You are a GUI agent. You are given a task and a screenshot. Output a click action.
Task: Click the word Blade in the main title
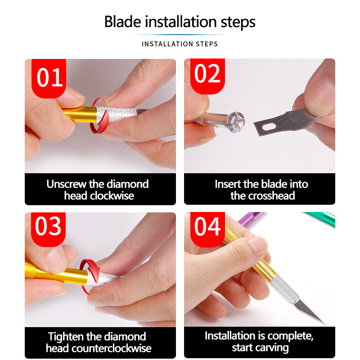click(x=122, y=22)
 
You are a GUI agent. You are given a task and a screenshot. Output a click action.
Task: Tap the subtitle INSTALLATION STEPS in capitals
click(x=180, y=44)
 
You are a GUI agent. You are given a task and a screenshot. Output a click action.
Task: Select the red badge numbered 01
click(x=49, y=78)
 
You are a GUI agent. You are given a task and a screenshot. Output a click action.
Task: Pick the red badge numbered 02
click(x=207, y=76)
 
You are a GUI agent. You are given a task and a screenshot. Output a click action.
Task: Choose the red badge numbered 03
click(x=49, y=229)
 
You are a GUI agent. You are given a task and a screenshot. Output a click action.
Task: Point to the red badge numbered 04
click(x=207, y=229)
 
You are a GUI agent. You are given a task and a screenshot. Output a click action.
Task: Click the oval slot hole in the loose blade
click(x=269, y=126)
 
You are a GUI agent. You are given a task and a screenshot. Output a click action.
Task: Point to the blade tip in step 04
click(x=325, y=324)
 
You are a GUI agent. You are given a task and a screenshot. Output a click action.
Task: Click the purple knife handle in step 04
click(x=250, y=219)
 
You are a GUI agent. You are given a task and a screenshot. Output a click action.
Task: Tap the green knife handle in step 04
click(x=321, y=219)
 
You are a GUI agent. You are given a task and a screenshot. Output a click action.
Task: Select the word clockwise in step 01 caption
click(x=112, y=196)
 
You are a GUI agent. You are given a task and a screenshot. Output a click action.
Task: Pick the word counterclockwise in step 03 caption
click(x=111, y=348)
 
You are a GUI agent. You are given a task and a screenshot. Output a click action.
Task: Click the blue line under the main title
click(x=180, y=35)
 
